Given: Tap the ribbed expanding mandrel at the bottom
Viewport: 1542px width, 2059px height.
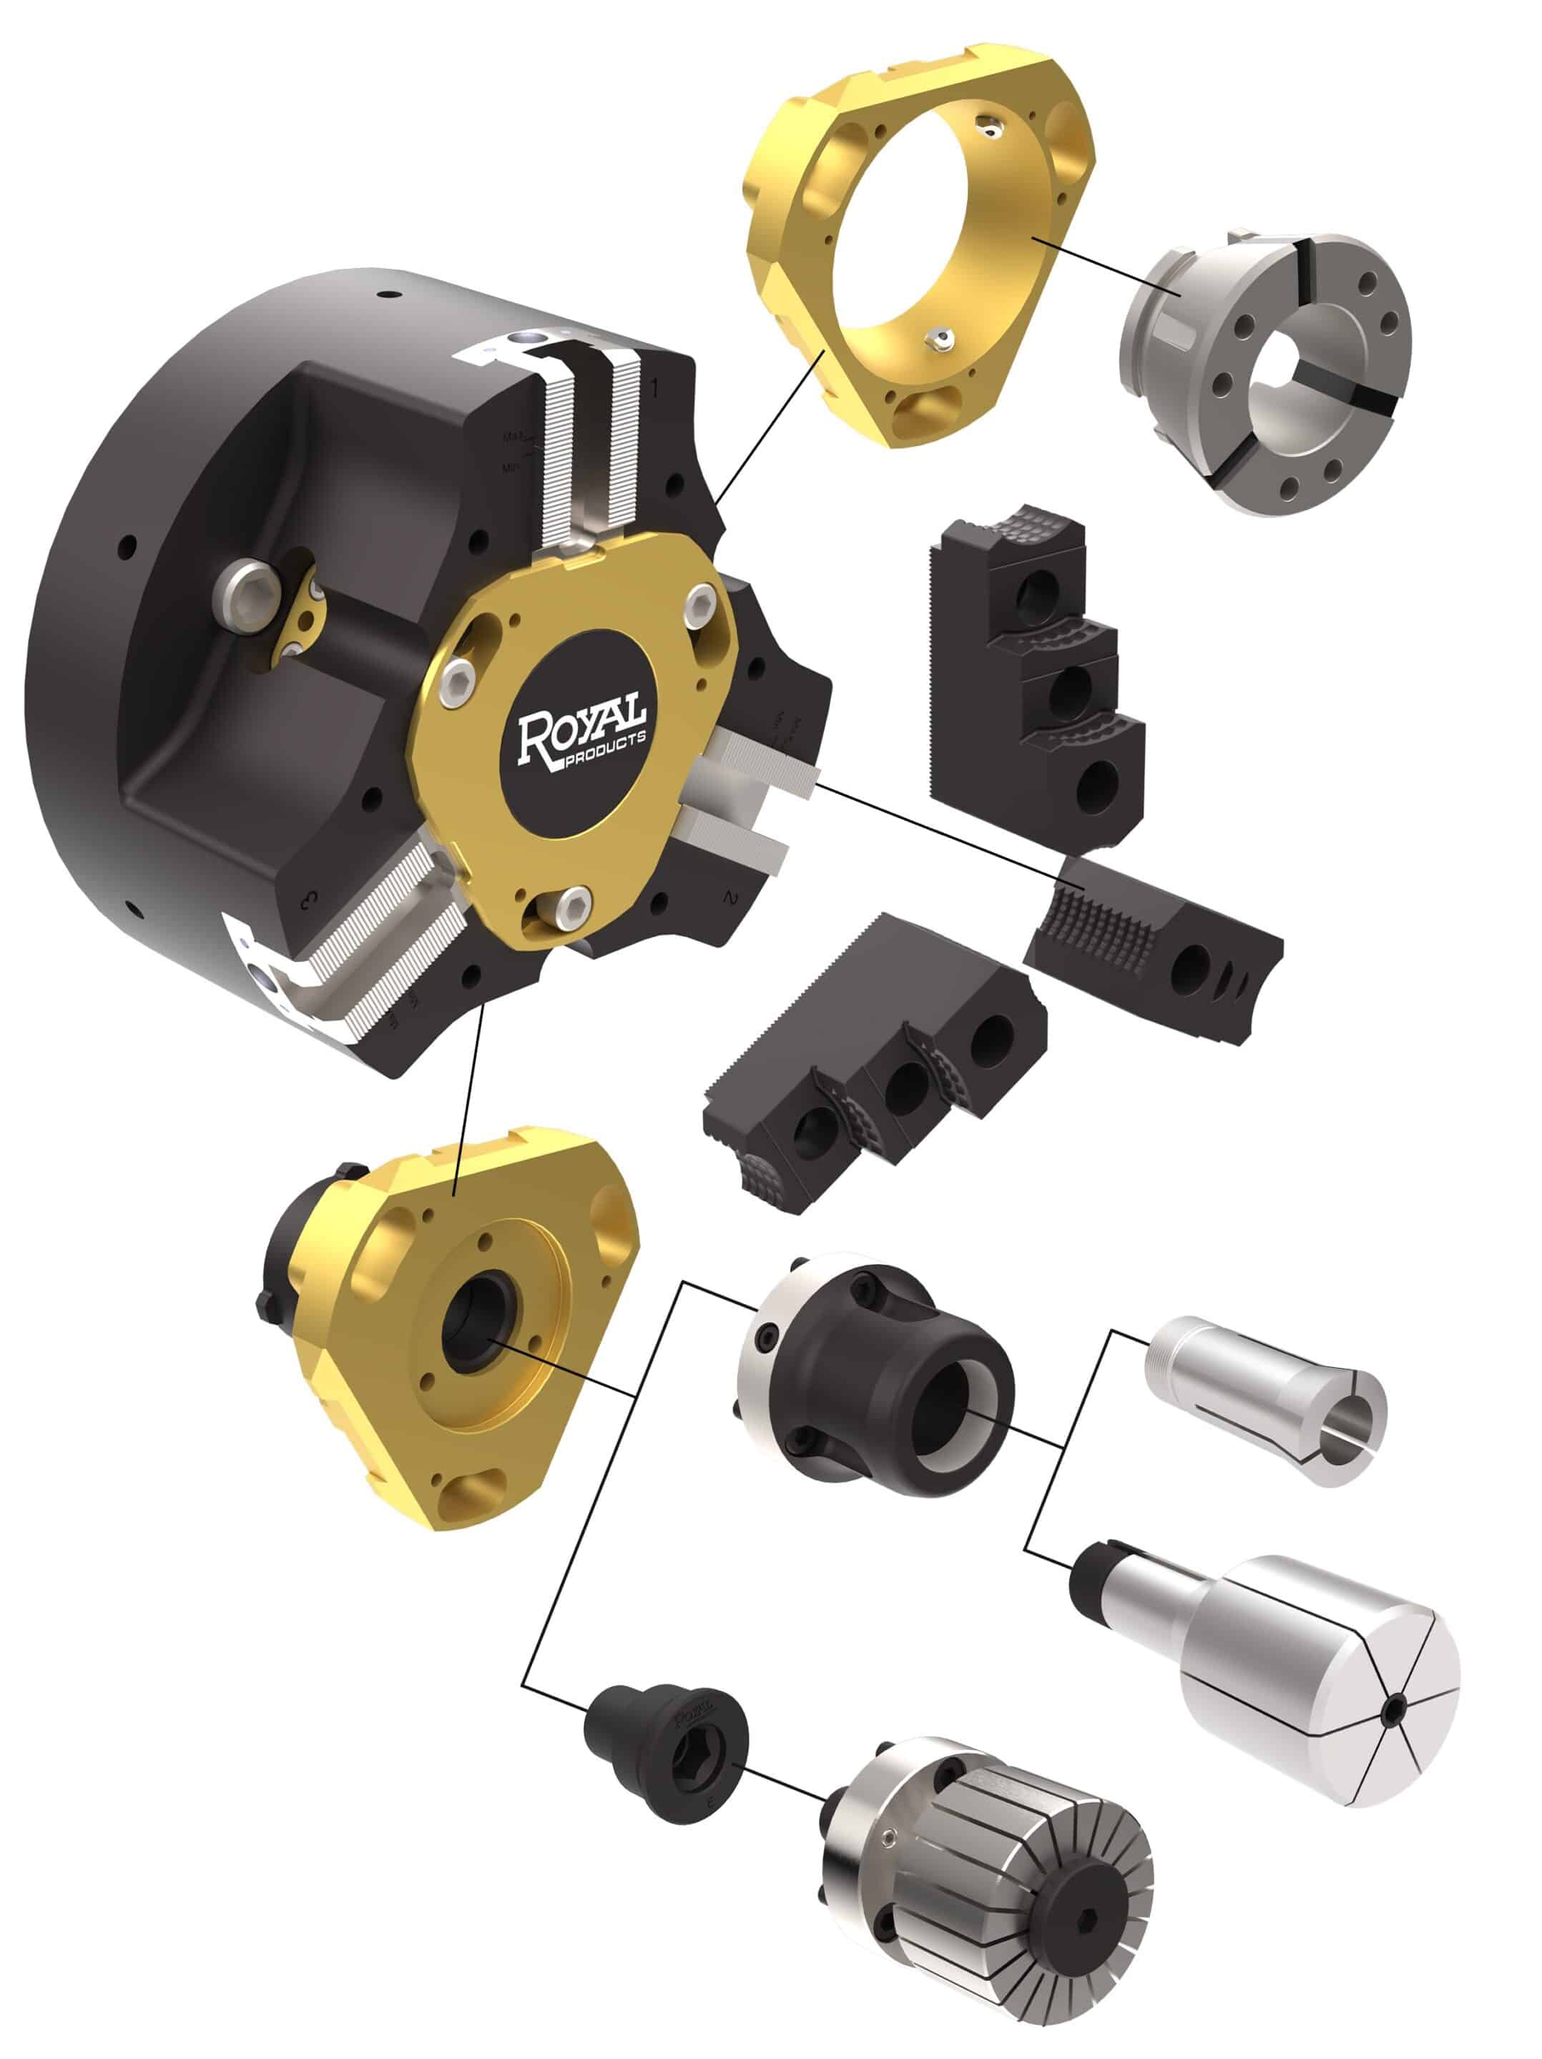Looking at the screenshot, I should click(987, 1899).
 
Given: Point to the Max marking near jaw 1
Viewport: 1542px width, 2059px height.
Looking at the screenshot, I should click(513, 435).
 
